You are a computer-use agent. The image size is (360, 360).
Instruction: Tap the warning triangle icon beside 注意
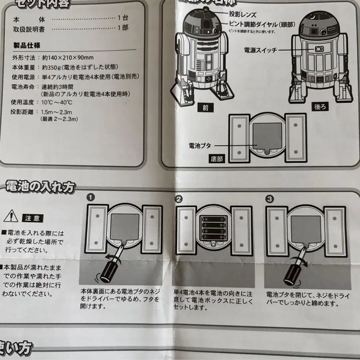[x=9, y=217]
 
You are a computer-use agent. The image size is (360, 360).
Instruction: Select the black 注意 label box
[x=32, y=218]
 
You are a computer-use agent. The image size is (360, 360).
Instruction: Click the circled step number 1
[x=91, y=198]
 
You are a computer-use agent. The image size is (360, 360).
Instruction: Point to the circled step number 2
[x=179, y=198]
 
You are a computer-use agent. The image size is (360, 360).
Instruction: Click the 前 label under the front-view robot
[x=205, y=107]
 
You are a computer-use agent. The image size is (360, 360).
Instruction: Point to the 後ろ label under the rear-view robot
[x=321, y=107]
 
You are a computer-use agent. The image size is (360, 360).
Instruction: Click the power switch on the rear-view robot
[x=319, y=49]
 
